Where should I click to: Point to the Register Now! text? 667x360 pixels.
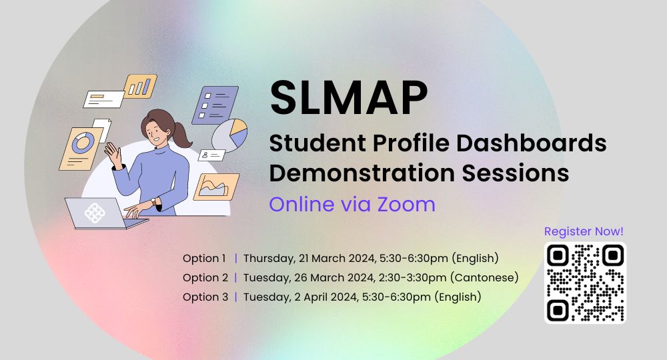(x=584, y=231)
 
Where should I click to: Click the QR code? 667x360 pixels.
(x=585, y=282)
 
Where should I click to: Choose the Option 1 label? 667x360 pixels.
(x=205, y=258)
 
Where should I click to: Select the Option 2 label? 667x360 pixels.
(x=205, y=277)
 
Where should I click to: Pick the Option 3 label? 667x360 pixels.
(x=205, y=297)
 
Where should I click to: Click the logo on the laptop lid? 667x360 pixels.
(x=95, y=213)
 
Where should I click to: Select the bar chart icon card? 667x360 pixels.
(x=140, y=86)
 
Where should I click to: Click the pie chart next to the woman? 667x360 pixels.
(x=230, y=134)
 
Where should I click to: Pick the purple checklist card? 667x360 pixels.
(x=215, y=105)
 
